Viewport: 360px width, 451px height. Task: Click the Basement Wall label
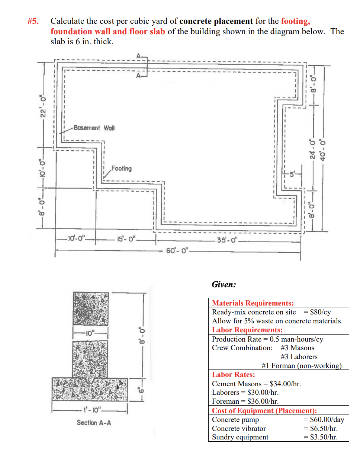94,128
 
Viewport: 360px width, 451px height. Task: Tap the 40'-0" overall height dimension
324,149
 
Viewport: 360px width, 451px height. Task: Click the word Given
224,285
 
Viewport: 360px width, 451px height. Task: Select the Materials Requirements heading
253,303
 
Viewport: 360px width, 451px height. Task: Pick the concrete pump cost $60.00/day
324,420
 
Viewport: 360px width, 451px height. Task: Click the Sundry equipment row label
240,437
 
